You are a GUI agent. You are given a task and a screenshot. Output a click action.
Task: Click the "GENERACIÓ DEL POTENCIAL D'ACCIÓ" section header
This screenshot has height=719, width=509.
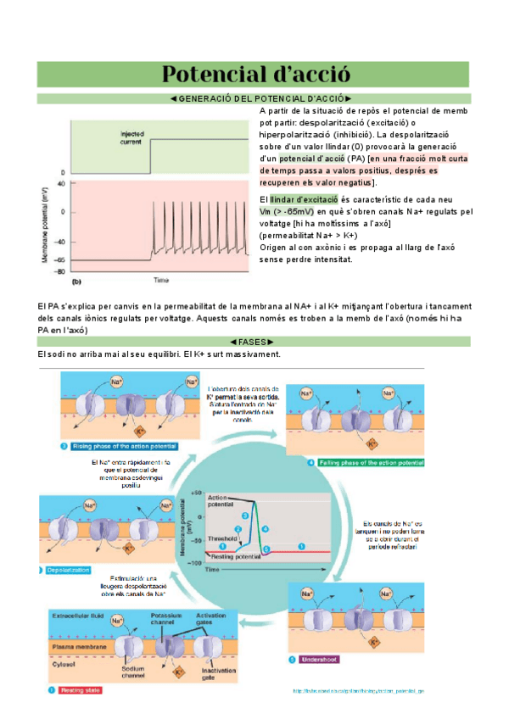[255, 99]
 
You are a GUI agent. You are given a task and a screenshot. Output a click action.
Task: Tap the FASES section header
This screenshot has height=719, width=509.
[255, 341]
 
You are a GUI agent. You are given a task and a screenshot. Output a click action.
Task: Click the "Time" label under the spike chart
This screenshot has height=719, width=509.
[160, 280]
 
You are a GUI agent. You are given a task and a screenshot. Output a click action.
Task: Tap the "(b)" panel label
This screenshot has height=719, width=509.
[76, 280]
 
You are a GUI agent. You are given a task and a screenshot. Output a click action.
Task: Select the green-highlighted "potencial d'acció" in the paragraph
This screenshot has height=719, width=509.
[311, 159]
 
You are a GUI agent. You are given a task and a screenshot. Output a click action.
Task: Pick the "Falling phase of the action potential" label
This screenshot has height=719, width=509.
[370, 462]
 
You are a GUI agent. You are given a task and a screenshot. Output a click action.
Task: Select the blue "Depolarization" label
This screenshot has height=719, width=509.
[69, 570]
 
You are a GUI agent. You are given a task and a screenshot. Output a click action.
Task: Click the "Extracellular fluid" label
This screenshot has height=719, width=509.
[77, 615]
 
